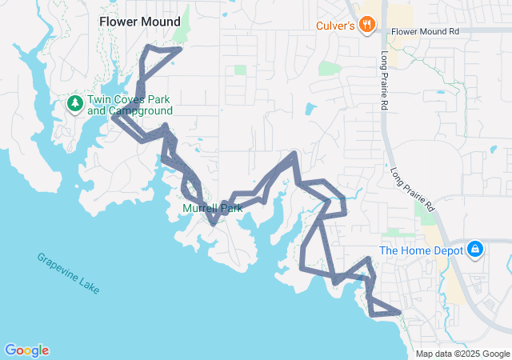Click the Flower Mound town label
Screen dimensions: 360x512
pyautogui.click(x=139, y=22)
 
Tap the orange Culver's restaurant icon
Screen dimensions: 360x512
pyautogui.click(x=367, y=24)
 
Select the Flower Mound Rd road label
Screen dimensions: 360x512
pyautogui.click(x=426, y=32)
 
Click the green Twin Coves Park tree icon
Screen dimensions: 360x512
pyautogui.click(x=74, y=103)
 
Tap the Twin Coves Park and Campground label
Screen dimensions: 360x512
pyautogui.click(x=129, y=105)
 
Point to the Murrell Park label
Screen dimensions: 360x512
pyautogui.click(x=212, y=208)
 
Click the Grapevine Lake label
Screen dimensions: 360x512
pyautogui.click(x=68, y=273)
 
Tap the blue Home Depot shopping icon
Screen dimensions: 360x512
pyautogui.click(x=475, y=250)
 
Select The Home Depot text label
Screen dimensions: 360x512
pyautogui.click(x=421, y=250)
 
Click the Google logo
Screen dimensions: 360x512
pyautogui.click(x=26, y=350)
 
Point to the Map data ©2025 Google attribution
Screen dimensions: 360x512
pyautogui.click(x=462, y=354)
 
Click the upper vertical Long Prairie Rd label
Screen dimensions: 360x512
pyautogui.click(x=385, y=70)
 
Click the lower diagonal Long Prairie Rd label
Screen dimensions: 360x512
pyautogui.click(x=412, y=190)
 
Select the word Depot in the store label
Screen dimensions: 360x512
pyautogui.click(x=447, y=250)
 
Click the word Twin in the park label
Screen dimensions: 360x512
pyautogui.click(x=101, y=99)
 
